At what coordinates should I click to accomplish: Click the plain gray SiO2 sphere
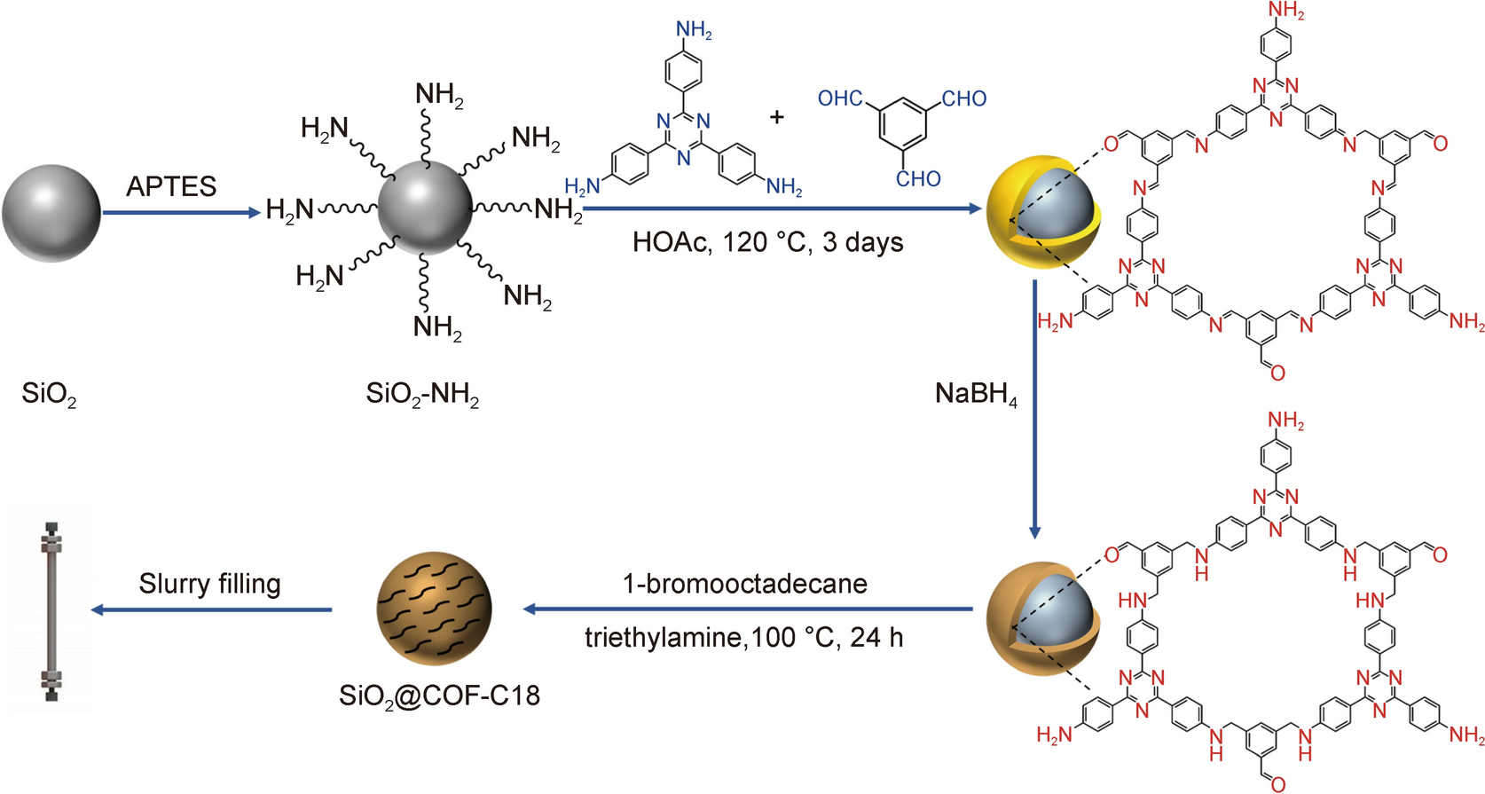(x=51, y=213)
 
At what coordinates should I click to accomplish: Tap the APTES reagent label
(x=171, y=186)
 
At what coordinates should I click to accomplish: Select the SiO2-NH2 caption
(x=422, y=394)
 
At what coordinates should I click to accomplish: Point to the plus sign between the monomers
(x=777, y=116)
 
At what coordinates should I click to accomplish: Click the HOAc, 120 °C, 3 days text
(x=767, y=242)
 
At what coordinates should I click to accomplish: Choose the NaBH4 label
(x=976, y=394)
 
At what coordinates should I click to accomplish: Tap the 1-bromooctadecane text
(x=744, y=584)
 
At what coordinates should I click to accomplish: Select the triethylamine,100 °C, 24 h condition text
(x=743, y=638)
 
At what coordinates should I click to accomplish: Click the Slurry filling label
(x=209, y=584)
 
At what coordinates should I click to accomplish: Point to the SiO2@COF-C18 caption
(x=439, y=695)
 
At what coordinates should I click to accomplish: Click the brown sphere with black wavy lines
(x=434, y=609)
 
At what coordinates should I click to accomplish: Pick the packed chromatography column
(x=51, y=611)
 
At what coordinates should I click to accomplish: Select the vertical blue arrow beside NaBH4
(x=1034, y=408)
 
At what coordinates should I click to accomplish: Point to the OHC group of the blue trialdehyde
(x=840, y=98)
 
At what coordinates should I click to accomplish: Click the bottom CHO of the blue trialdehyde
(x=918, y=179)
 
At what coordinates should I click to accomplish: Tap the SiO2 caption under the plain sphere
(x=49, y=394)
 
